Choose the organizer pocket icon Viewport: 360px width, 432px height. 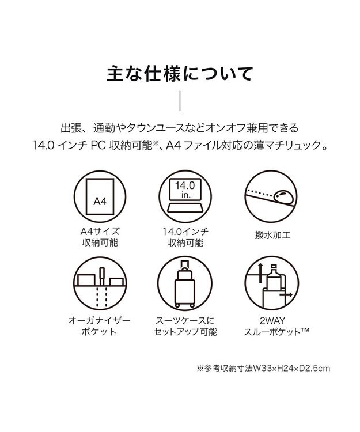coord(100,285)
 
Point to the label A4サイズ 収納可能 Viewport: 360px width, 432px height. coord(100,237)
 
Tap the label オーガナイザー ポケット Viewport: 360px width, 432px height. coord(100,325)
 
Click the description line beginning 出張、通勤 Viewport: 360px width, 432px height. coord(180,126)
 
